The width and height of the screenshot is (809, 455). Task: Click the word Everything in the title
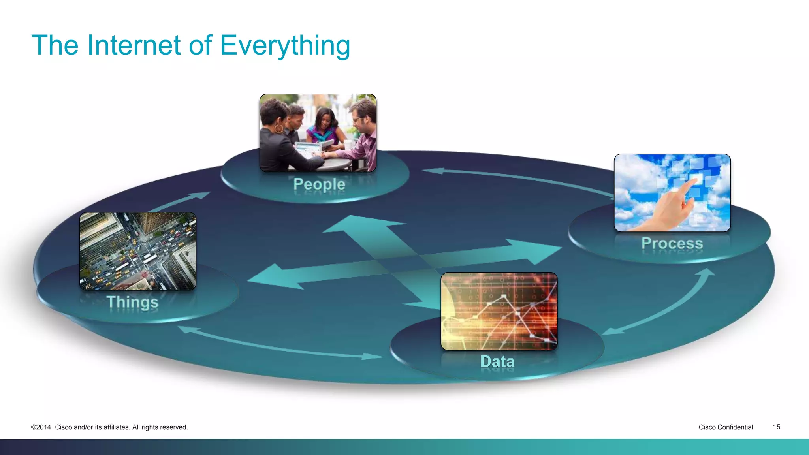285,45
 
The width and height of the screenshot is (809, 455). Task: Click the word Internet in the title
134,45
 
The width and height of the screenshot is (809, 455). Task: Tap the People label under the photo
319,184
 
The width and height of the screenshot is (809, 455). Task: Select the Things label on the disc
133,302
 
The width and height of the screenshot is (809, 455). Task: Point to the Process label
672,243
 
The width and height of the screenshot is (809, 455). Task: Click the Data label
497,361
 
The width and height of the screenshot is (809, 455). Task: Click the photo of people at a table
318,133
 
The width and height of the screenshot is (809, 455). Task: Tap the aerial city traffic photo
137,251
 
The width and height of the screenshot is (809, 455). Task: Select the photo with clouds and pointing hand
672,193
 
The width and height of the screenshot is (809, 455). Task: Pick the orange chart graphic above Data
499,311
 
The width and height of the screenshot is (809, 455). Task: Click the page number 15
776,427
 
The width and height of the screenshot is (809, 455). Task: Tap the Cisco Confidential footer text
725,427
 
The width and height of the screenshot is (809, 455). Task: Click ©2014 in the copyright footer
41,427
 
